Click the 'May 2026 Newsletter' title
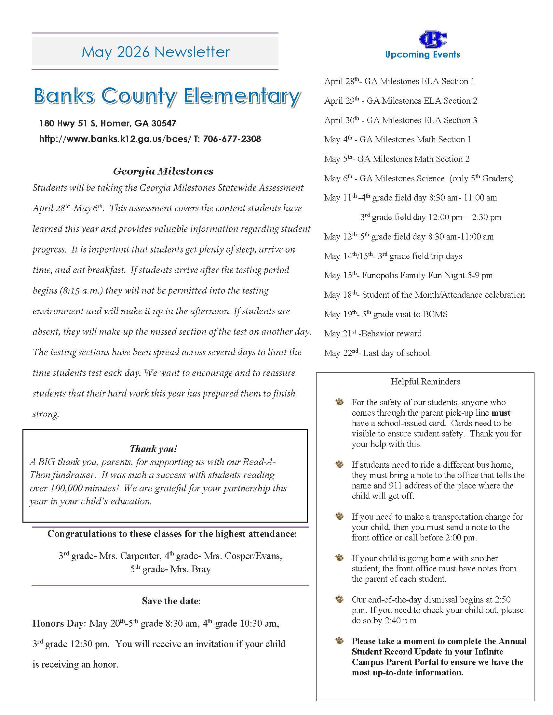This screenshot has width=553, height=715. click(155, 52)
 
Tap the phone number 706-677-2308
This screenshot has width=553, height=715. click(232, 139)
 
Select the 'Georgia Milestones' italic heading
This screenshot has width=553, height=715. click(163, 171)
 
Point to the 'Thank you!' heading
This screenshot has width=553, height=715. click(153, 448)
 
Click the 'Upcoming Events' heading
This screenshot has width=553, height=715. click(423, 55)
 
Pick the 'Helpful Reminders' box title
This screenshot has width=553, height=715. click(425, 382)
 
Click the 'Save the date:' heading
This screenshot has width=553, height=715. click(171, 601)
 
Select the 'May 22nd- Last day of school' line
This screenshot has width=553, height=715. click(377, 353)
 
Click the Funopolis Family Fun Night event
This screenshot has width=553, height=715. click(408, 275)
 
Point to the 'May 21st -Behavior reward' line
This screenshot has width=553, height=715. click(373, 333)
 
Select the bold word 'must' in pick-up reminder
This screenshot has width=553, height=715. click(501, 413)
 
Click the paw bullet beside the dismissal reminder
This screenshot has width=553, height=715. click(340, 599)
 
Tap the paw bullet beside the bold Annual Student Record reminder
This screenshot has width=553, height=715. click(340, 641)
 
